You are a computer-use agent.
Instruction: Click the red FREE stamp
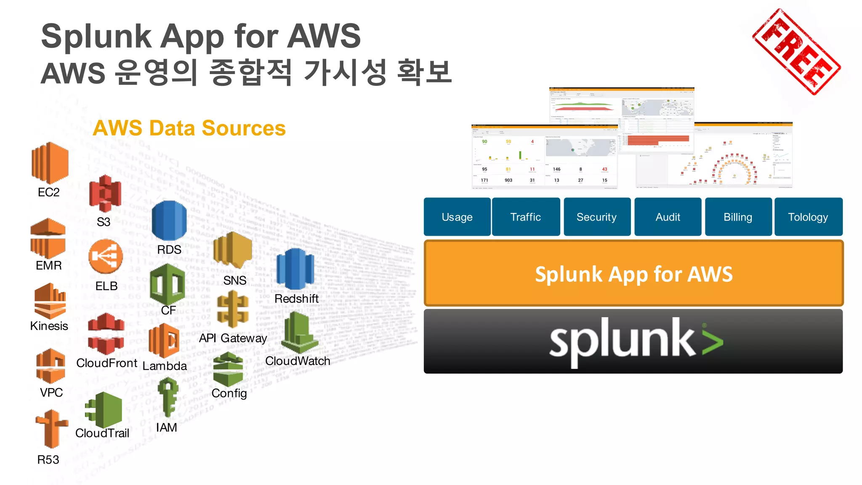(796, 51)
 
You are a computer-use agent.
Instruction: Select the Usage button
(457, 217)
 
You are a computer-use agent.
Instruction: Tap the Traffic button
(526, 217)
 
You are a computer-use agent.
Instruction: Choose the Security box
(597, 217)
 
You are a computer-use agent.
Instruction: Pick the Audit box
(668, 217)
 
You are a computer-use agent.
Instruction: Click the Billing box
(738, 217)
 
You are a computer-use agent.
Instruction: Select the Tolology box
(808, 217)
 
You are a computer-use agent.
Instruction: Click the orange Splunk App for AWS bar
(633, 274)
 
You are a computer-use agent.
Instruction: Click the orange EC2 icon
(50, 163)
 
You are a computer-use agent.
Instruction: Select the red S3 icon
(105, 193)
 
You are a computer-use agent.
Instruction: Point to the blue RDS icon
(169, 221)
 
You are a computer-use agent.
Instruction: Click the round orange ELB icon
(106, 256)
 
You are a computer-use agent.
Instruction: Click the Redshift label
(296, 298)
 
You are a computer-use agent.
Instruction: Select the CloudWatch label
(298, 361)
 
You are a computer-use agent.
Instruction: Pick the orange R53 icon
(51, 429)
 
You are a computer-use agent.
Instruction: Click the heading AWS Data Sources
(189, 128)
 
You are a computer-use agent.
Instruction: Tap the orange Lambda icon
(164, 341)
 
